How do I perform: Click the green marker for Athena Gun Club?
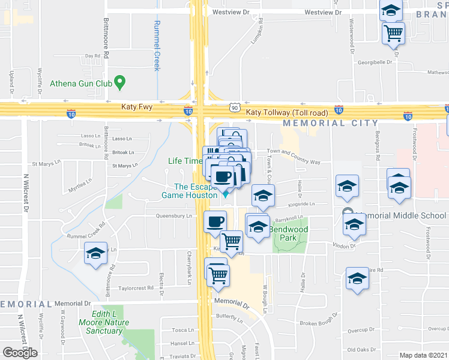[120, 82]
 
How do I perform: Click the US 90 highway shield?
[234, 107]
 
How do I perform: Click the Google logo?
[20, 353]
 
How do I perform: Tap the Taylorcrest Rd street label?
[136, 288]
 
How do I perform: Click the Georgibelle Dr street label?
[376, 62]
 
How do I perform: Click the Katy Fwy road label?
[137, 107]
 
